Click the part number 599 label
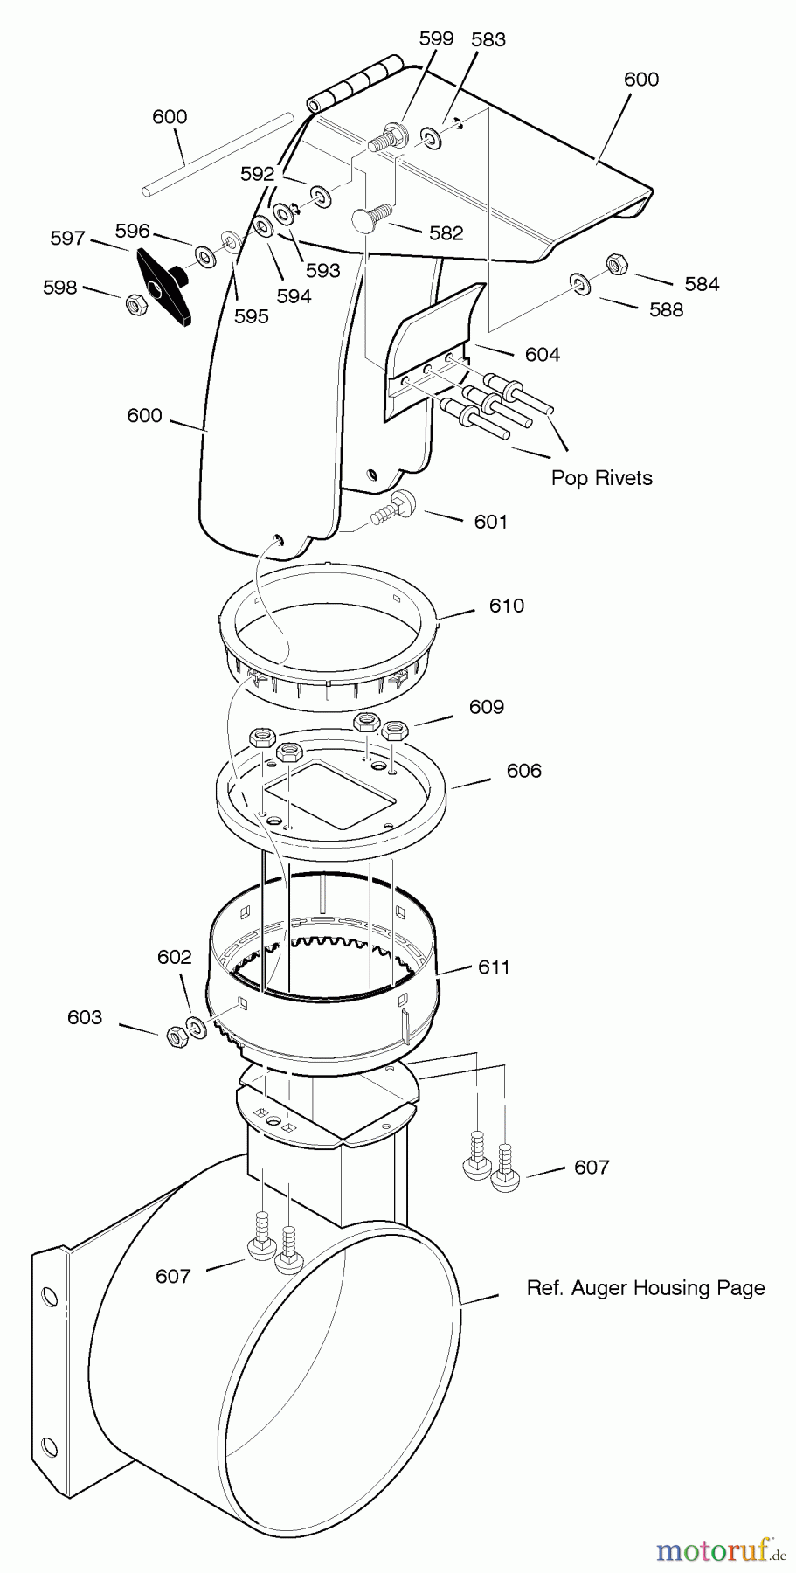point(436,38)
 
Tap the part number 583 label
point(488,39)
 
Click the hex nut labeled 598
point(136,304)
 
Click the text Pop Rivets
point(601,478)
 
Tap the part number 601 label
point(491,522)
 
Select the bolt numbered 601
point(392,509)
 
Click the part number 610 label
point(507,606)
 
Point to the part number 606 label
point(524,770)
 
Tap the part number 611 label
point(494,967)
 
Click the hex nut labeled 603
point(175,1035)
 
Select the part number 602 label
point(174,957)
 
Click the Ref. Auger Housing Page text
point(646,1287)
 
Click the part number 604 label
point(543,354)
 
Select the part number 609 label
point(487,706)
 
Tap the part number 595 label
point(252,316)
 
